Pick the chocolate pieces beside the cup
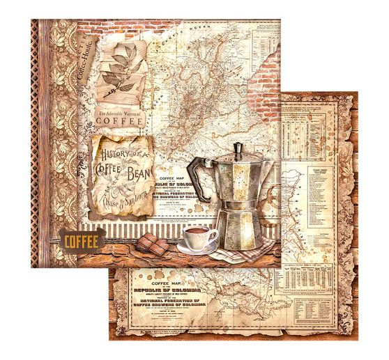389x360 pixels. [x=154, y=243]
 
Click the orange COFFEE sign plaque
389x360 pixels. [x=82, y=241]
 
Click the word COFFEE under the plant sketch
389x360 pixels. [x=123, y=119]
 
